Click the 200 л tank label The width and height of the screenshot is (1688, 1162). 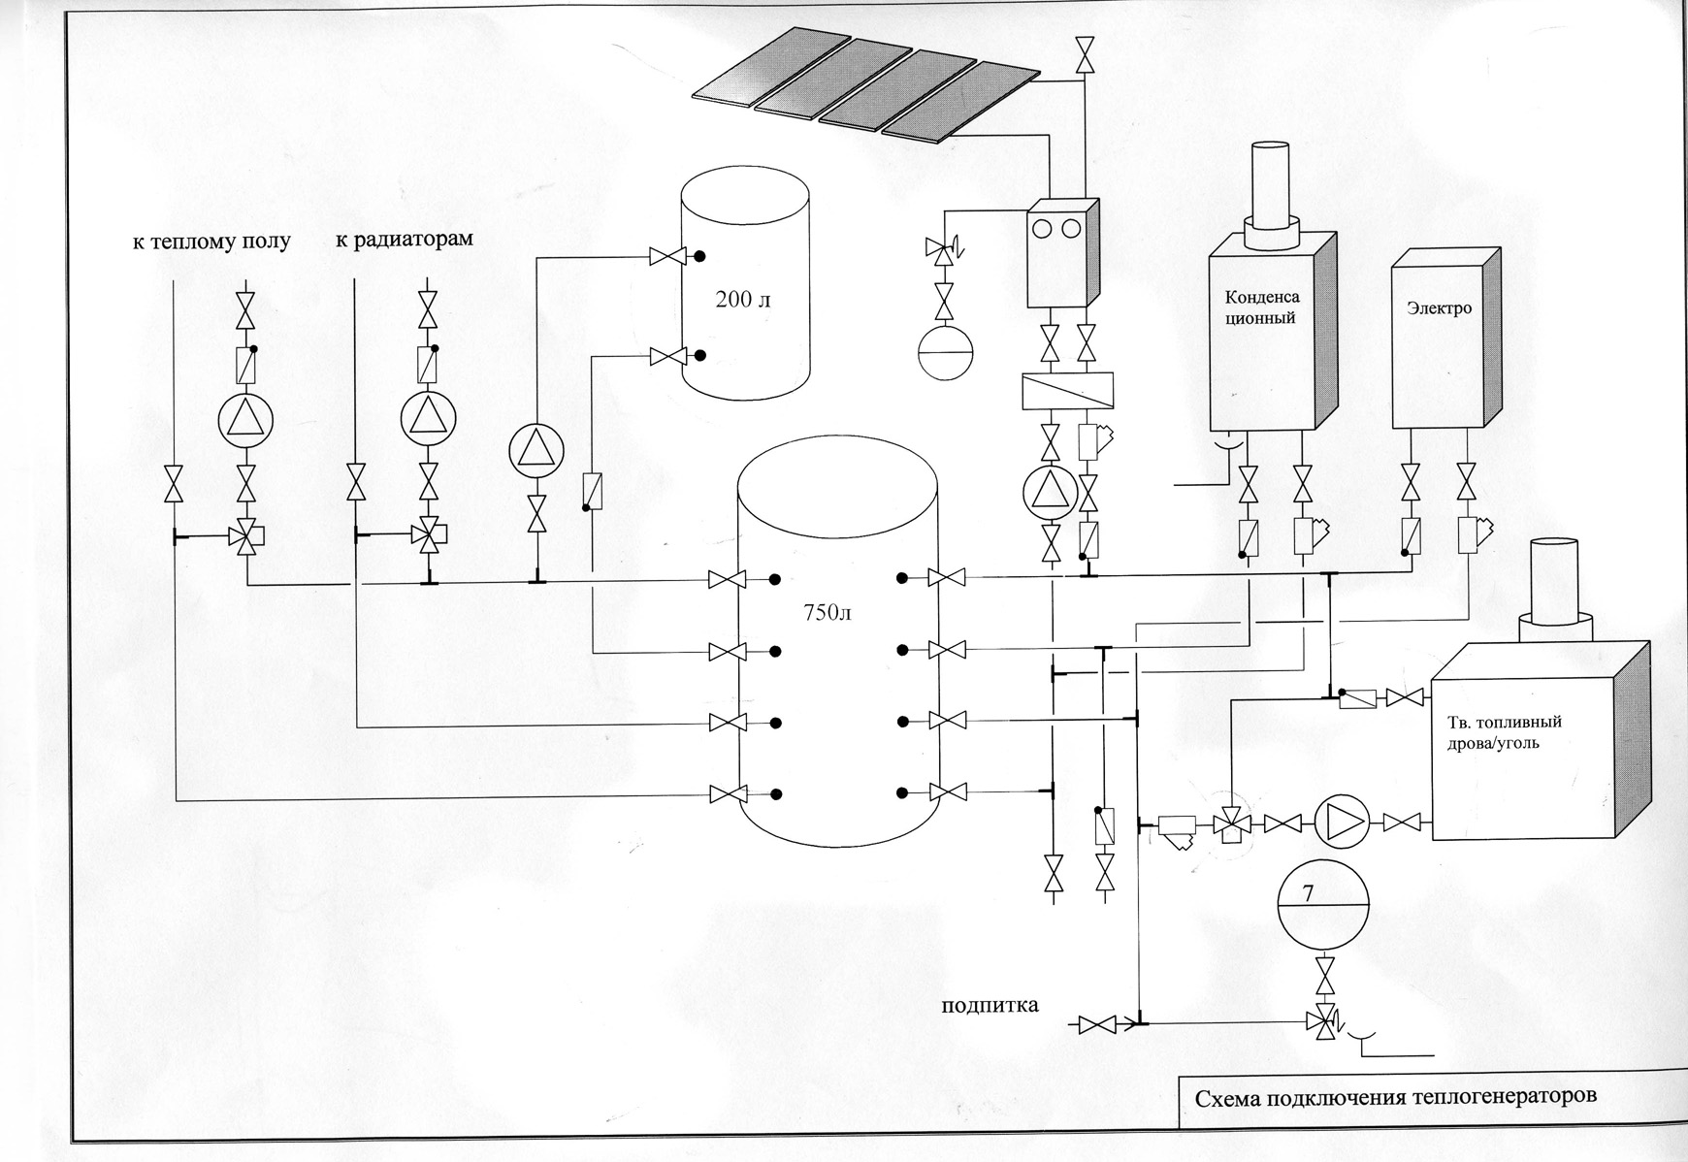coord(743,300)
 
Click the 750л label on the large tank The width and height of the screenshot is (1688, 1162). coord(828,613)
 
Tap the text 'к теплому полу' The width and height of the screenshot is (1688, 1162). coord(211,241)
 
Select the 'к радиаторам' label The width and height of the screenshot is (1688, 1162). coord(405,239)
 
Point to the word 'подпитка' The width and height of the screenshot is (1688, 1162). coord(990,1004)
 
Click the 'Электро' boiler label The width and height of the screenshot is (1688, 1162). coord(1439,308)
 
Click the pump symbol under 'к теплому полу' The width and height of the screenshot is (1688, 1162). coord(245,419)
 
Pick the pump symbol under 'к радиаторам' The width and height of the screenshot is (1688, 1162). coord(428,419)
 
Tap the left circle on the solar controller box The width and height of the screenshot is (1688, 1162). coord(1044,228)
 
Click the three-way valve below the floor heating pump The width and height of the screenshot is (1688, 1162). coord(247,534)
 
